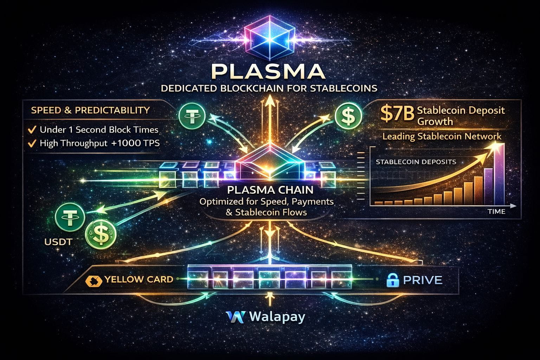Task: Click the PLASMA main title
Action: [269, 71]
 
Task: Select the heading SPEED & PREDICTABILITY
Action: [90, 110]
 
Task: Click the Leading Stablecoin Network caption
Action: [442, 136]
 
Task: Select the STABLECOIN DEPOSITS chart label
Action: [416, 162]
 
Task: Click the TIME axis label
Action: [496, 212]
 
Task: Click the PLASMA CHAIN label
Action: [270, 190]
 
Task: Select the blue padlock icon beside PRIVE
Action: [391, 280]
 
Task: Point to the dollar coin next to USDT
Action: [100, 234]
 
